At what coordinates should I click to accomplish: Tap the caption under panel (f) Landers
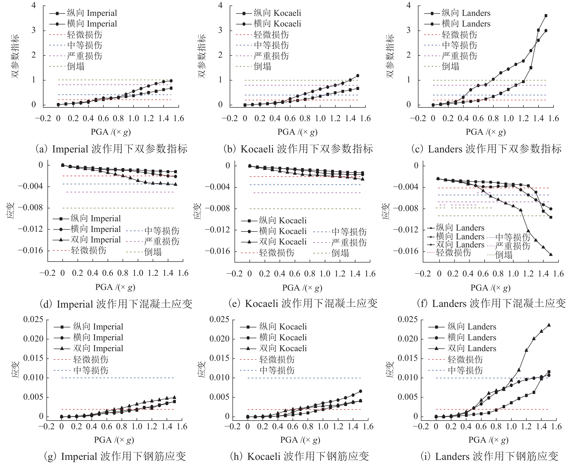(491, 303)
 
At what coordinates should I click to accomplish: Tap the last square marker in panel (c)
(546, 16)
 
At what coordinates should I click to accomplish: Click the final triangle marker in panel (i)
(549, 325)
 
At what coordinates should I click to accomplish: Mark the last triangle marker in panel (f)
(551, 254)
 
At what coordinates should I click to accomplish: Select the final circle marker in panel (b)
(358, 76)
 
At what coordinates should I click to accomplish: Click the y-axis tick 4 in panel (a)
(34, 5)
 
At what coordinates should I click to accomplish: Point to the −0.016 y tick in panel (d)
(30, 250)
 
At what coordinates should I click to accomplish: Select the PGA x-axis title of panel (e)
(302, 288)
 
